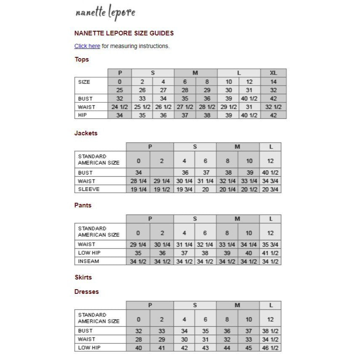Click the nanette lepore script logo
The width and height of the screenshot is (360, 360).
pos(105,13)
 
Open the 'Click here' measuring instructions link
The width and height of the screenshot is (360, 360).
pos(87,46)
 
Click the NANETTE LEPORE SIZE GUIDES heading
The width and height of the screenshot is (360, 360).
pos(124,33)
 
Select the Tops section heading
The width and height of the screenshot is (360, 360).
pos(82,59)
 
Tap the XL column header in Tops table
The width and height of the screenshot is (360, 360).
pos(273,73)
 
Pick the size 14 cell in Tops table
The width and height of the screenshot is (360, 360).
pos(273,82)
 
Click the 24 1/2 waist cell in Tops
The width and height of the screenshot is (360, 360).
pos(120,107)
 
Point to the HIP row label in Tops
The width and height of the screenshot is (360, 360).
pos(83,115)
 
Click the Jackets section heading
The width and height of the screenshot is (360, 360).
pos(86,133)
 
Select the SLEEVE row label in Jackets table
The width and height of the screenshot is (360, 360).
pos(89,189)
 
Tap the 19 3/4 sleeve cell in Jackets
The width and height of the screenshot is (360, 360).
pos(184,189)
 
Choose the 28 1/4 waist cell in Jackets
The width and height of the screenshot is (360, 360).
pos(138,181)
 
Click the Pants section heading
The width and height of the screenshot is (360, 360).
pos(83,205)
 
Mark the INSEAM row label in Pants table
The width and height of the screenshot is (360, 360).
pos(89,261)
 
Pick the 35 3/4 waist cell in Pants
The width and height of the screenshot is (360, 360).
pos(270,244)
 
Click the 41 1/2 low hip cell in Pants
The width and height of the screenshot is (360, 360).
pos(270,253)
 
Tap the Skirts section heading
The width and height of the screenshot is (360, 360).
pos(83,277)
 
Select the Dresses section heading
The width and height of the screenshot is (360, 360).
pos(86,292)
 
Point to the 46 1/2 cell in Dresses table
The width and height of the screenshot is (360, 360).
pos(270,348)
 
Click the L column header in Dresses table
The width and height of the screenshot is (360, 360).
pos(271,305)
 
